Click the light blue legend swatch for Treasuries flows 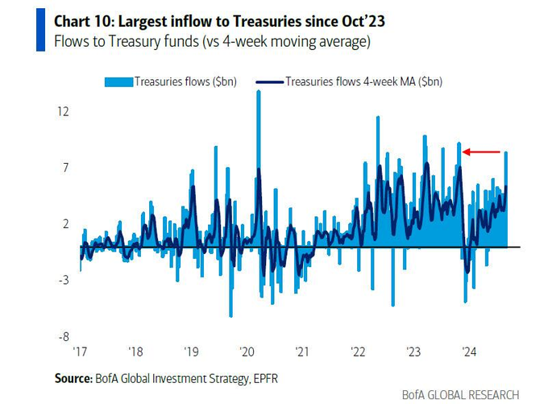tap(118, 81)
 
